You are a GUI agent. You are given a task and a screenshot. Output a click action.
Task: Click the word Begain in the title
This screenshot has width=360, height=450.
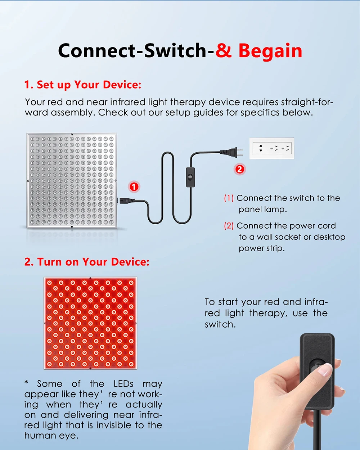[270, 51]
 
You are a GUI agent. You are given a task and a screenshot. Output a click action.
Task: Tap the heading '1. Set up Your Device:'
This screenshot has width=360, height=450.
[83, 85]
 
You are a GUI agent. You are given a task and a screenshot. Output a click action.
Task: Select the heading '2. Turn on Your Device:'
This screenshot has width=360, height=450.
[87, 262]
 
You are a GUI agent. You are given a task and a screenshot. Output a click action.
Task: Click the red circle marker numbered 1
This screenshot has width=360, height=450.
[134, 187]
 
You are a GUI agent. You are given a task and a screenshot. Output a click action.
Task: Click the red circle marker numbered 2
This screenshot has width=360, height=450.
[240, 169]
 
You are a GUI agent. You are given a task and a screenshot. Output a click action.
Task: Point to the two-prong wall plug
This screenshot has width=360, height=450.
[232, 152]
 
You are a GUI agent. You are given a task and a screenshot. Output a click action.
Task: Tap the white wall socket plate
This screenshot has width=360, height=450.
[272, 148]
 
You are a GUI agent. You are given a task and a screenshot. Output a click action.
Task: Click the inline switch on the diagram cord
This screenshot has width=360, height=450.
[190, 177]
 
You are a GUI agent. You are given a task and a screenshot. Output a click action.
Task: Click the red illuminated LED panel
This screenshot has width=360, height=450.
[90, 323]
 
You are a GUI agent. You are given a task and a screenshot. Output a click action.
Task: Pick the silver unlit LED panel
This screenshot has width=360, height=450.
[72, 180]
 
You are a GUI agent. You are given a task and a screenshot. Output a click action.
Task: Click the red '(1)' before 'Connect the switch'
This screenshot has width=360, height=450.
[229, 198]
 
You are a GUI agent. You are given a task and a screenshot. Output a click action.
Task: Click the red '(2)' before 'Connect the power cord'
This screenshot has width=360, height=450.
[229, 226]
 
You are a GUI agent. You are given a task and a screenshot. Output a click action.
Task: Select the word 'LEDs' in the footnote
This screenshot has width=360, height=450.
[123, 384]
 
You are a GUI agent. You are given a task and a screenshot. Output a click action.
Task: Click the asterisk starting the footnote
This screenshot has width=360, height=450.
[26, 382]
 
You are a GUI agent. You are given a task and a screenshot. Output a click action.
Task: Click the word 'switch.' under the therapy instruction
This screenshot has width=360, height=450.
[220, 324]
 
